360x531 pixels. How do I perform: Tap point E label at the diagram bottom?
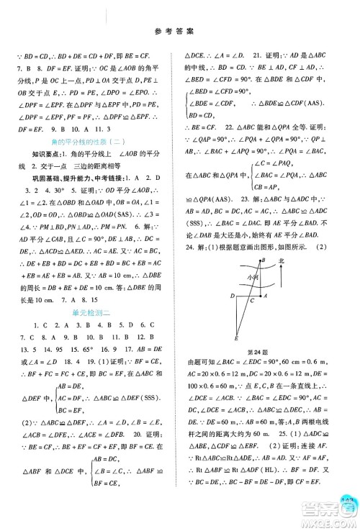tap(235, 337)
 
